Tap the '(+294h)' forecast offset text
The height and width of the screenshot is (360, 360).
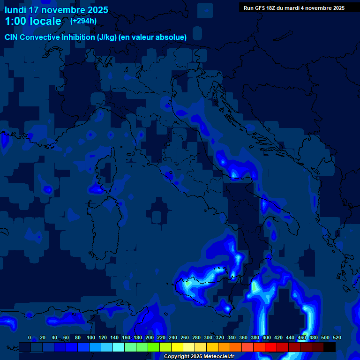[x=83, y=21]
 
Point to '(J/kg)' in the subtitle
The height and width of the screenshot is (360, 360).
[x=106, y=37]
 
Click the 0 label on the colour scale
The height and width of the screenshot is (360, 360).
[x=30, y=337]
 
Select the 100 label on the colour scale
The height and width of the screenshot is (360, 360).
[x=90, y=337]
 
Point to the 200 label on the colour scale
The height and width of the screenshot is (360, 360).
[x=149, y=337]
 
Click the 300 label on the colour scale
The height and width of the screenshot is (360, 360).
[x=208, y=337]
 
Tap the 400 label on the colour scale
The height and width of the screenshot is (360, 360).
[x=266, y=337]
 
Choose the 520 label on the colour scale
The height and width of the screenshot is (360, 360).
[x=336, y=337]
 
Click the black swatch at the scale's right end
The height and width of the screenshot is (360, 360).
[x=330, y=347]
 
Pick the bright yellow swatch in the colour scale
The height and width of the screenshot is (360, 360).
[x=177, y=347]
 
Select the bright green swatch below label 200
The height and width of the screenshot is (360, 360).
[x=154, y=347]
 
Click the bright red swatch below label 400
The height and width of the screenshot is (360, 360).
[x=271, y=347]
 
